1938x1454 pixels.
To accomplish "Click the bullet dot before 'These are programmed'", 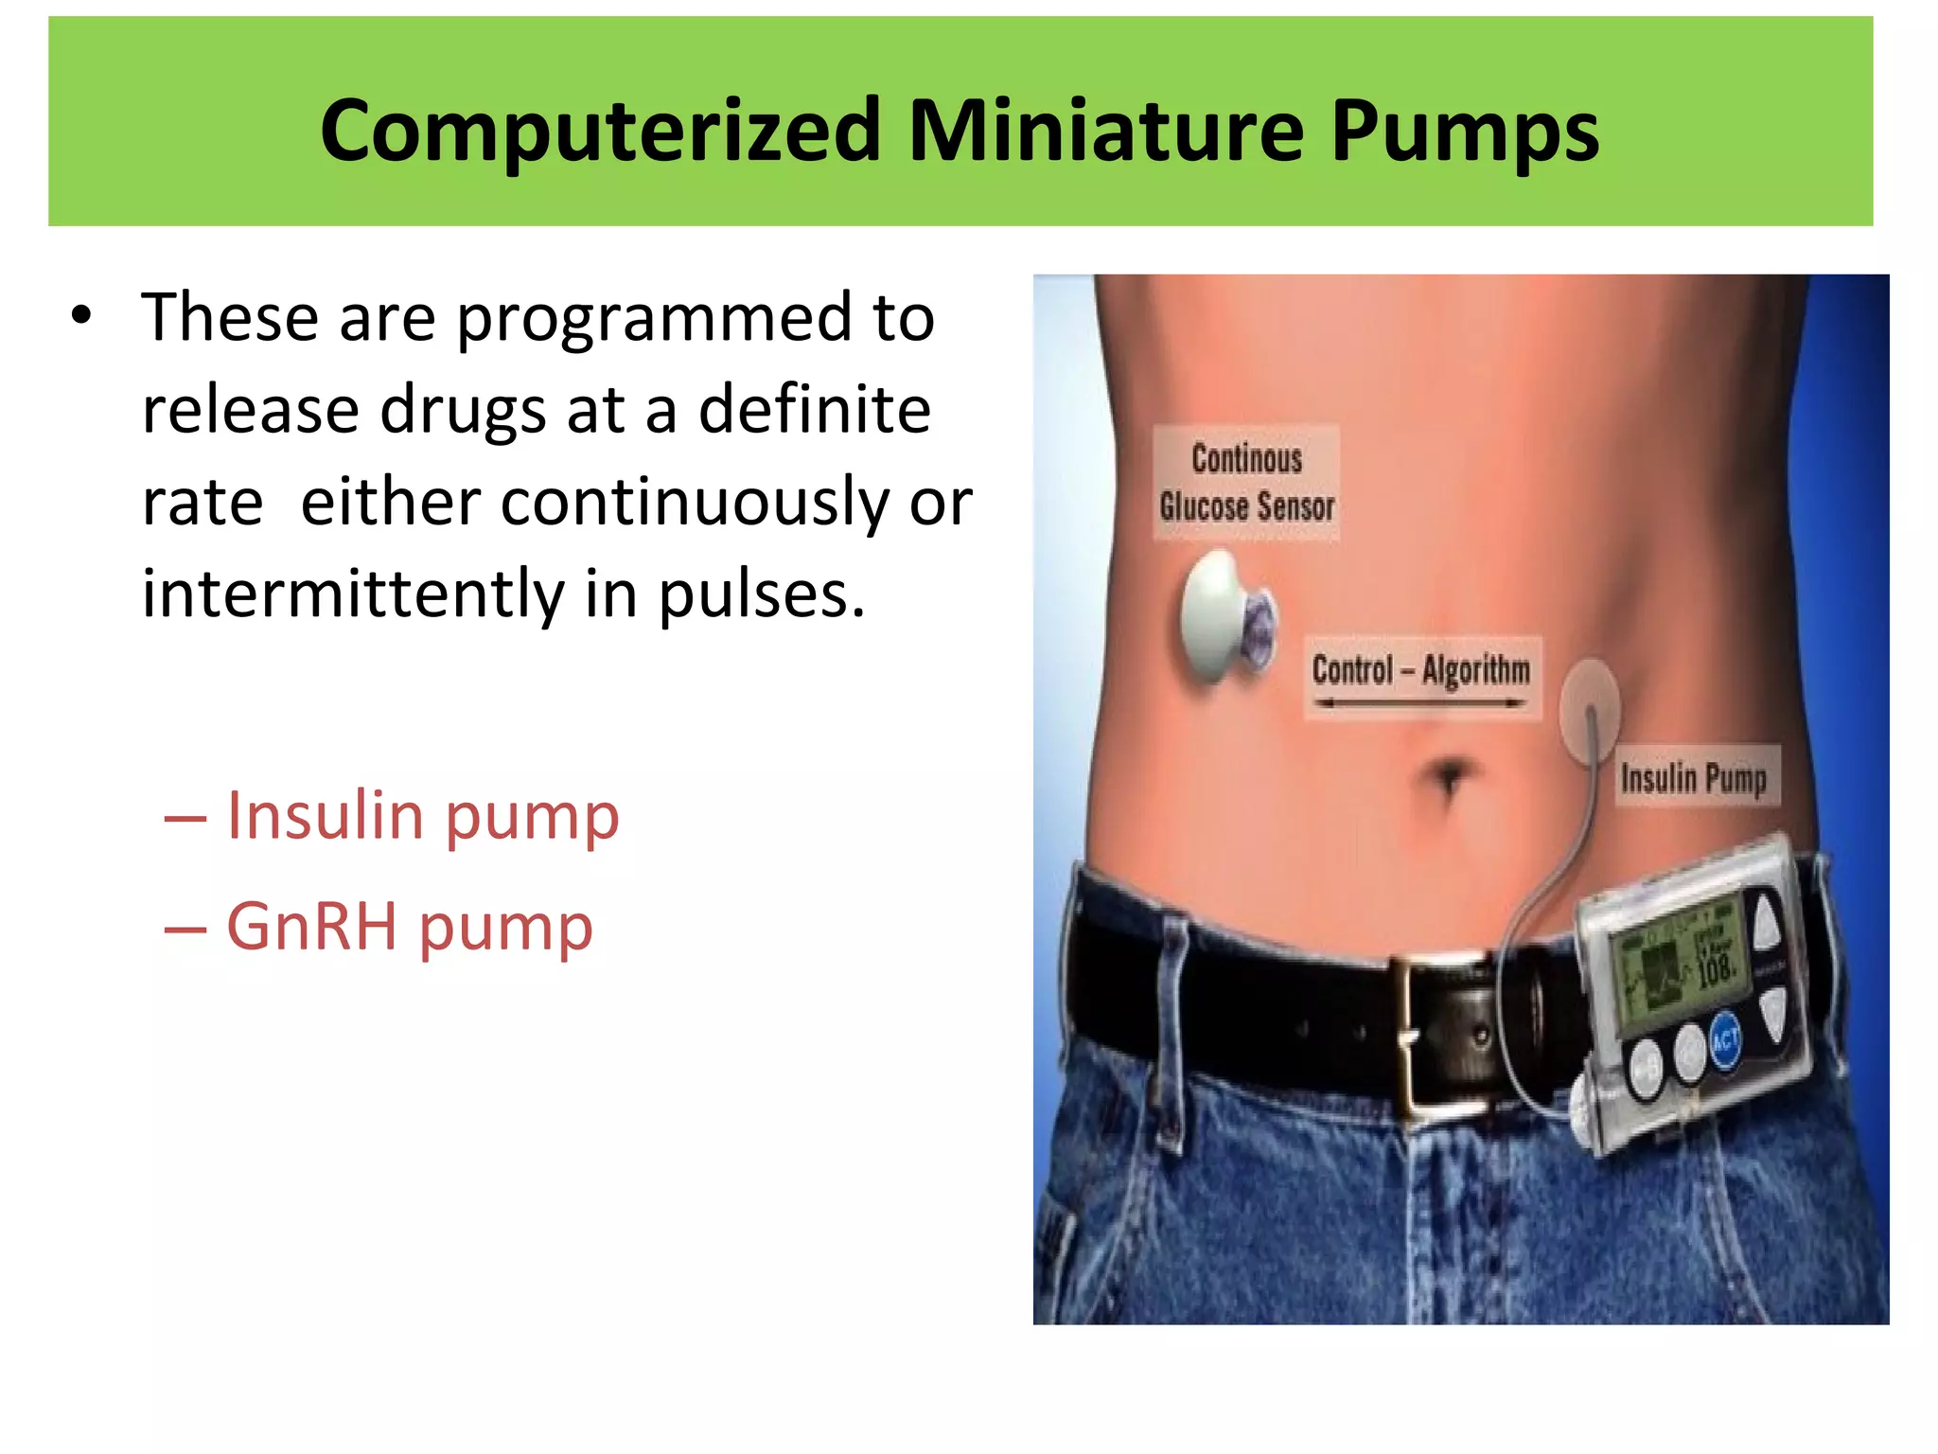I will point(81,316).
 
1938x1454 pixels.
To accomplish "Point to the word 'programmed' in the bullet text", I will point(653,318).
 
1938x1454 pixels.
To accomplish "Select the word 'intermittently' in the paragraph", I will point(352,594).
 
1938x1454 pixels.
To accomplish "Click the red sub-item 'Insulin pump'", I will point(422,816).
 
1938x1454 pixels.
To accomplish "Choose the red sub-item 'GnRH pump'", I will point(409,926).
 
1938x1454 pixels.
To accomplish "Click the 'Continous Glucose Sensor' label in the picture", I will point(1246,483).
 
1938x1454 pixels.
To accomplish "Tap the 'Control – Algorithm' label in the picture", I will point(1420,670).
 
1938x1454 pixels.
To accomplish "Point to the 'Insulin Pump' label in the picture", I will point(1694,778).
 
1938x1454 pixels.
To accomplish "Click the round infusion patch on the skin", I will point(1590,706).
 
